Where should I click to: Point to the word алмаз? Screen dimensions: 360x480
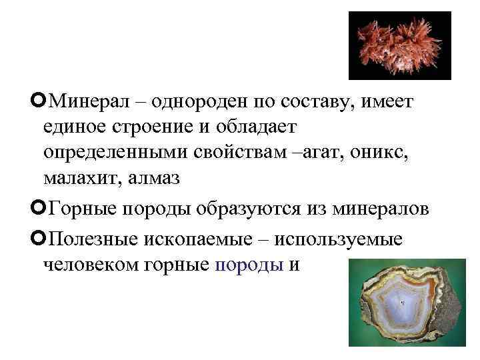tap(160, 179)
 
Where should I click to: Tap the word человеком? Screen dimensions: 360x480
tap(89, 264)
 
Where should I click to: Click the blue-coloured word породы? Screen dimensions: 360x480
tap(248, 264)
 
